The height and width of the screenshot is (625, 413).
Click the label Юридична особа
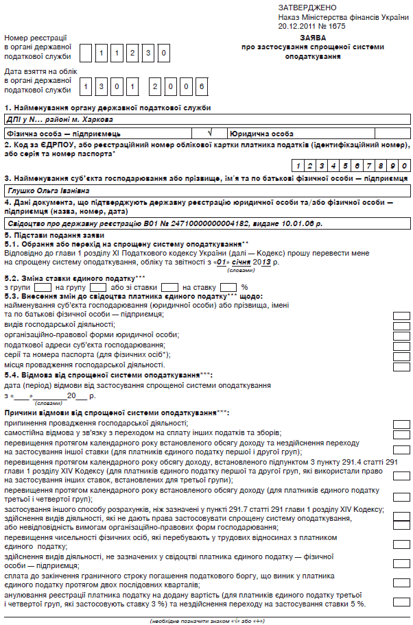point(262,134)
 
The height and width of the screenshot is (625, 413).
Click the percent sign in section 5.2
point(244,286)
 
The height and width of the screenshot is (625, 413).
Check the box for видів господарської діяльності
point(401,326)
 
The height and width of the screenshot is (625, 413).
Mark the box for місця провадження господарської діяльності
point(401,365)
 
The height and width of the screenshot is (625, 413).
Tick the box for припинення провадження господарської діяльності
point(401,424)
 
